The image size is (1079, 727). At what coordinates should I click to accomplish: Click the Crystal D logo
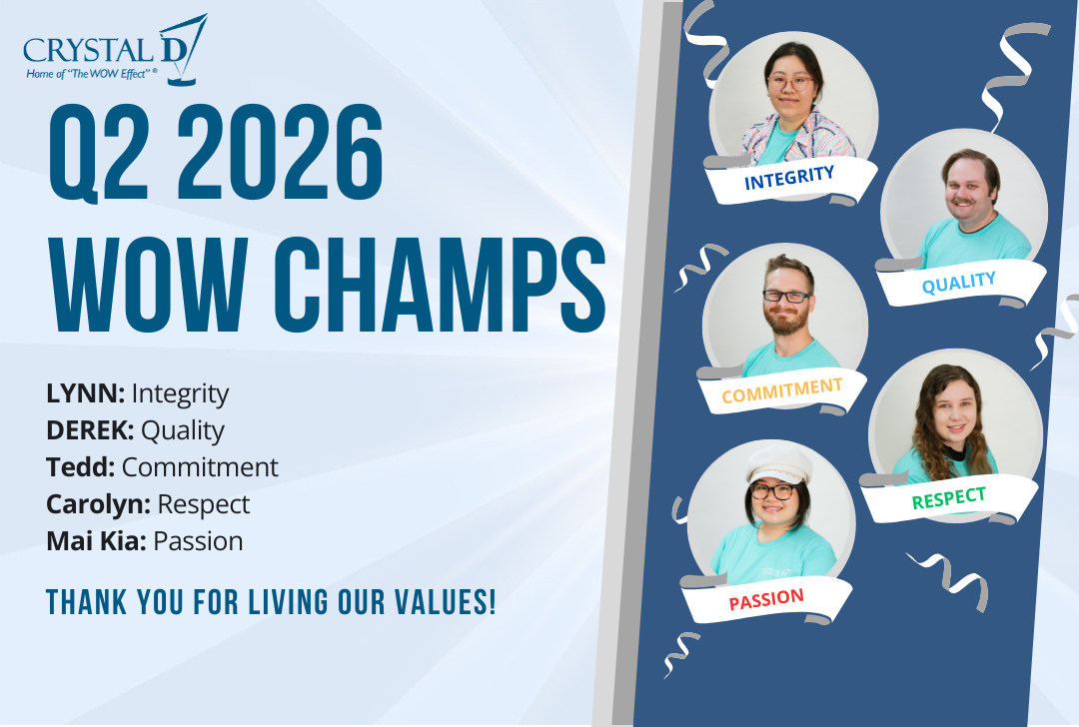click(115, 50)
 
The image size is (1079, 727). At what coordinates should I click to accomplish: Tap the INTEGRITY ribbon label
click(789, 178)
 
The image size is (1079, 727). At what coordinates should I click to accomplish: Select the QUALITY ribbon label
click(958, 283)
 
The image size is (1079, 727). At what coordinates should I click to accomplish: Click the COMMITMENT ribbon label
click(781, 390)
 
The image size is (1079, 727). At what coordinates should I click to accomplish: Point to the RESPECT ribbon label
click(949, 498)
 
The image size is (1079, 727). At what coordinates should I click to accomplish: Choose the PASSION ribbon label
click(766, 599)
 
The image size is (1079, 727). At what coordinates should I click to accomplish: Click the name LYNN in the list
click(85, 393)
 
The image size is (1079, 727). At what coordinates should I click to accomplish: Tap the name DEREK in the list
click(90, 430)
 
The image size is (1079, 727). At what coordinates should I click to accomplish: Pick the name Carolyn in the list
click(98, 505)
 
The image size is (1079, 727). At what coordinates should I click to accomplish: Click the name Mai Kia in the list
click(96, 541)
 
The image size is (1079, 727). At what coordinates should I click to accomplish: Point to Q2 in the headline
click(98, 153)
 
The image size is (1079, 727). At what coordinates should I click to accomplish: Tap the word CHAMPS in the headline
click(441, 285)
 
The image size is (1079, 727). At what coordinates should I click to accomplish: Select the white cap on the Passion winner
click(778, 464)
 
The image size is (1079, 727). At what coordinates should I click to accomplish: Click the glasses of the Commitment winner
click(786, 297)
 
